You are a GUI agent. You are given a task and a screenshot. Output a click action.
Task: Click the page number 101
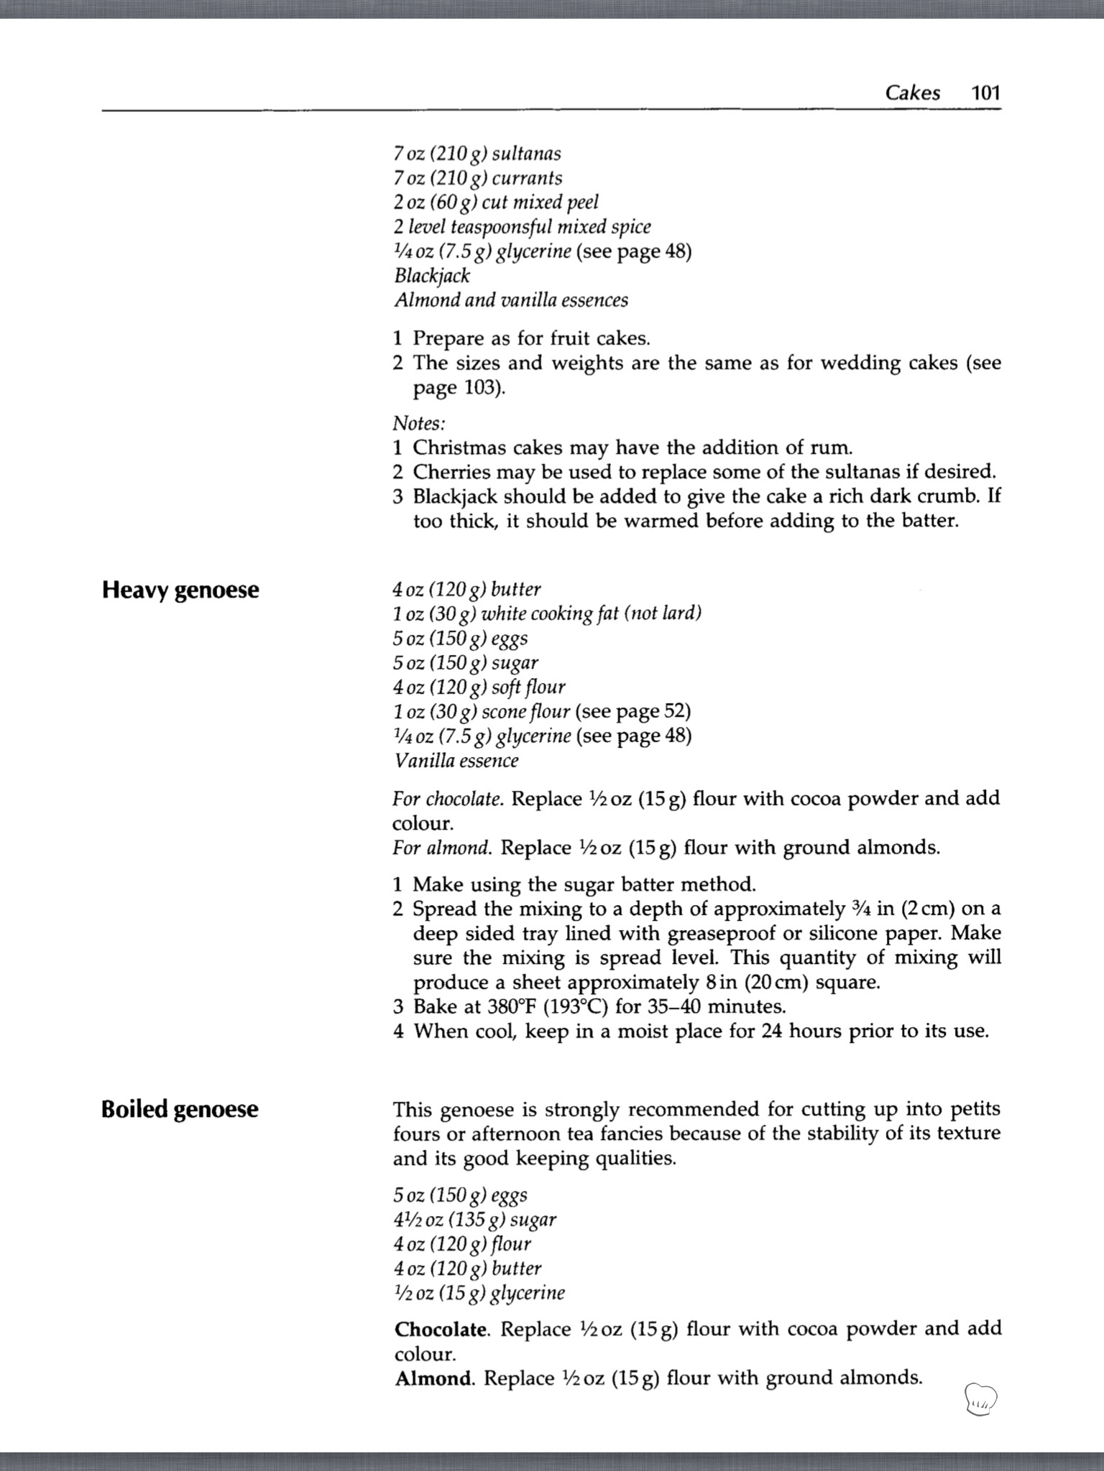tap(985, 93)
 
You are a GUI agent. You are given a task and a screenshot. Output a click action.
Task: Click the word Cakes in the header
tap(912, 93)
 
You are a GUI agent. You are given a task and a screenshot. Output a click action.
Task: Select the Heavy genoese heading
tap(180, 590)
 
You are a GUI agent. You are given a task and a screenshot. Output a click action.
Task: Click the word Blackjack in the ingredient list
tap(432, 276)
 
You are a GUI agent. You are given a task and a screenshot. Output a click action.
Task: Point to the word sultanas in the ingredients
tap(526, 154)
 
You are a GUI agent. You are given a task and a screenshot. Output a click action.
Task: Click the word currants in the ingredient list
tap(527, 178)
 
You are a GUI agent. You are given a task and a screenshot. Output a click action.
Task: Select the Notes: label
tap(419, 423)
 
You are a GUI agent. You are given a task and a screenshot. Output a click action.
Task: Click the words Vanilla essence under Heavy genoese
tap(456, 761)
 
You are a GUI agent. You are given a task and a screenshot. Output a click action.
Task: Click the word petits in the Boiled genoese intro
tap(975, 1110)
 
